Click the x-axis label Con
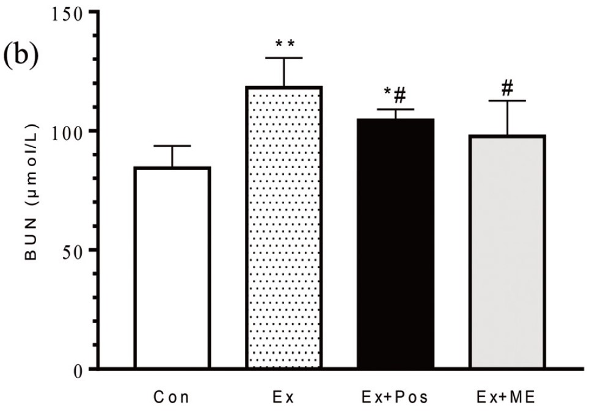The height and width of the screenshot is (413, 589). point(172,398)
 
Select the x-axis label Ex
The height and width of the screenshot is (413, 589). point(284,398)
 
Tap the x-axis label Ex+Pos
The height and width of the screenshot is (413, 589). point(396,398)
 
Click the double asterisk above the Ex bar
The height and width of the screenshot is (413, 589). point(284,44)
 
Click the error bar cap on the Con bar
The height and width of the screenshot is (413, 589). point(172,146)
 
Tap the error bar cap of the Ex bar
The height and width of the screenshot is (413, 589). point(284,58)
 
